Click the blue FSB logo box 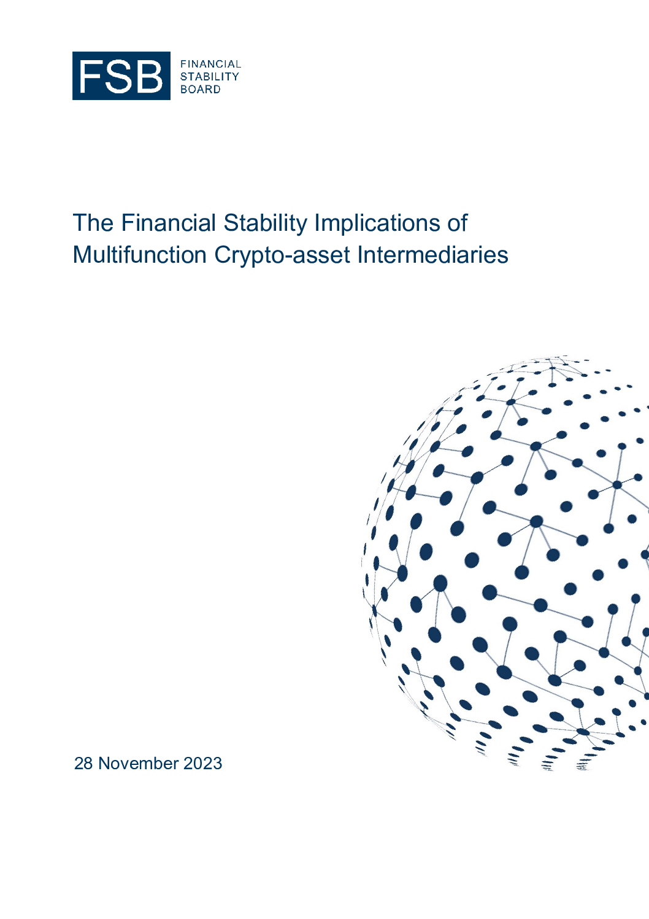pyautogui.click(x=121, y=76)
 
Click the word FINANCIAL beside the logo pyautogui.click(x=211, y=64)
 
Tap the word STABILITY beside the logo pyautogui.click(x=210, y=77)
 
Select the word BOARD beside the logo pyautogui.click(x=201, y=90)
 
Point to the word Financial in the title pyautogui.click(x=168, y=223)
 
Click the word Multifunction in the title pyautogui.click(x=139, y=255)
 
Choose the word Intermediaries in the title pyautogui.click(x=433, y=255)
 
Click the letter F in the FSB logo pyautogui.click(x=89, y=76)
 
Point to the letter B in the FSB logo pyautogui.click(x=148, y=76)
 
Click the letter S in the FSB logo pyautogui.click(x=117, y=76)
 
